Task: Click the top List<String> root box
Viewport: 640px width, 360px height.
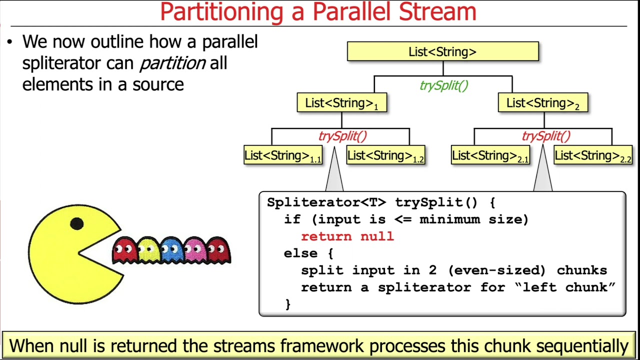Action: tap(442, 51)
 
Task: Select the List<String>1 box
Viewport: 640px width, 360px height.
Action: tap(341, 103)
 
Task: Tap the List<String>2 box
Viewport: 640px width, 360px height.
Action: tap(542, 103)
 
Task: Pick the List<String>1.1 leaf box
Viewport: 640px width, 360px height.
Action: tap(282, 155)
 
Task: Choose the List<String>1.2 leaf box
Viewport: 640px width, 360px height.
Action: tap(385, 155)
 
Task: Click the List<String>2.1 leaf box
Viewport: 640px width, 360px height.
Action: tap(490, 155)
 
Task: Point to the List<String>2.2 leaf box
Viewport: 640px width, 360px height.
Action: tap(593, 155)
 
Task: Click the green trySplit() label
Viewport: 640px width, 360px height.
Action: tap(443, 85)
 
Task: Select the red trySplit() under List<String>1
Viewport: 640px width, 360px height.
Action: tap(342, 136)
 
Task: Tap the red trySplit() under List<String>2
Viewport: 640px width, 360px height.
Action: tap(545, 136)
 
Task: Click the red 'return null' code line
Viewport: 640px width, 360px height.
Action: tap(347, 236)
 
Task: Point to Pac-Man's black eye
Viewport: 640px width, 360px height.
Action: tap(76, 223)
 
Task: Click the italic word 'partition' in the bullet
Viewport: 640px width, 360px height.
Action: tap(172, 63)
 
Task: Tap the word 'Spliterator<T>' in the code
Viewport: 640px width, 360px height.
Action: tap(326, 202)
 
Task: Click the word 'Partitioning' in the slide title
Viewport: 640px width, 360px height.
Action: tap(223, 12)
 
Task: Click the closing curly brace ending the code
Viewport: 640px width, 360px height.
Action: tap(287, 304)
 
